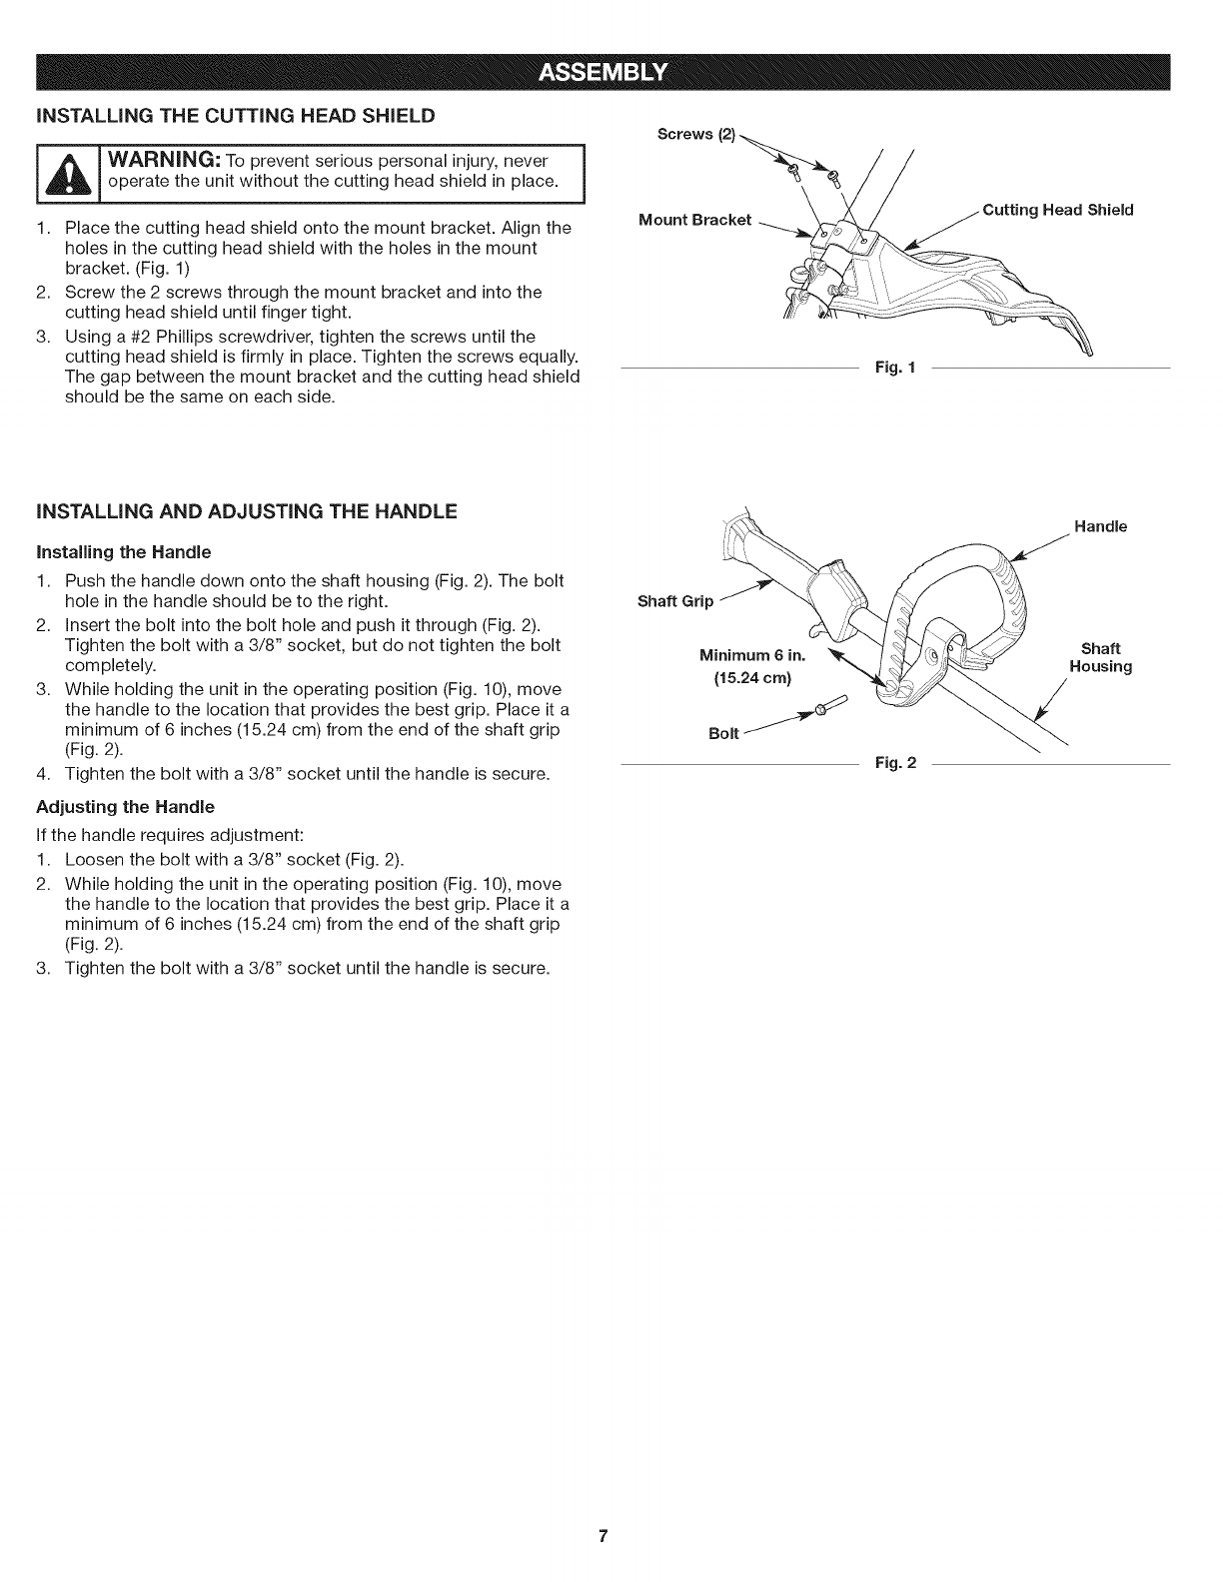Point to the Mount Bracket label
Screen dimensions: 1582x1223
click(x=694, y=220)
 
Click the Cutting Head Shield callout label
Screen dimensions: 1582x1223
click(x=1058, y=210)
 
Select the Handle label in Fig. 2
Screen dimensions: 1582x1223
click(x=1100, y=526)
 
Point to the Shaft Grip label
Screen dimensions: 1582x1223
click(x=675, y=601)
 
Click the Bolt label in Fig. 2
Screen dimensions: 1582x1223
click(x=724, y=734)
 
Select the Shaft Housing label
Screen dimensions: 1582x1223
click(x=1100, y=657)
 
